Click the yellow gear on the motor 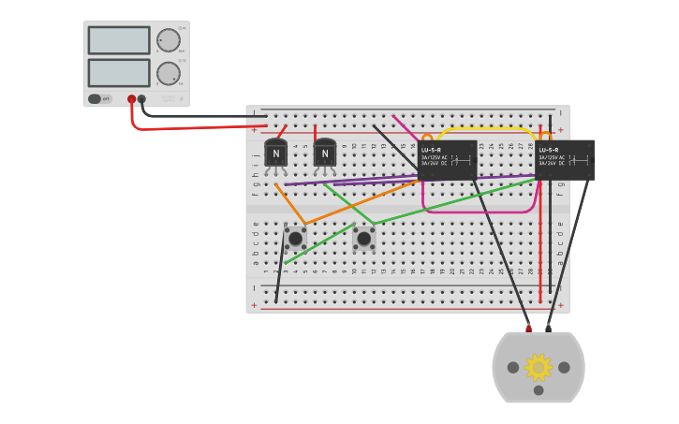[x=539, y=367]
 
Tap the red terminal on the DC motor [x=528, y=329]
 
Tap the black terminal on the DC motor [x=549, y=329]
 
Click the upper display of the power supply [x=119, y=40]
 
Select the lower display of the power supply [x=119, y=73]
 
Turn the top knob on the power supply [x=169, y=40]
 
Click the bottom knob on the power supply [x=169, y=73]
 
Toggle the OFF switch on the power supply [x=96, y=98]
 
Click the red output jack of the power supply [x=131, y=98]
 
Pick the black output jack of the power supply [x=141, y=98]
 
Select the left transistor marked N [x=275, y=154]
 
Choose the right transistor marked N [x=325, y=154]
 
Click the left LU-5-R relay [x=448, y=160]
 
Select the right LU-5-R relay [x=565, y=160]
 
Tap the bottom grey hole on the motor [x=539, y=390]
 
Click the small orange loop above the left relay [x=427, y=136]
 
